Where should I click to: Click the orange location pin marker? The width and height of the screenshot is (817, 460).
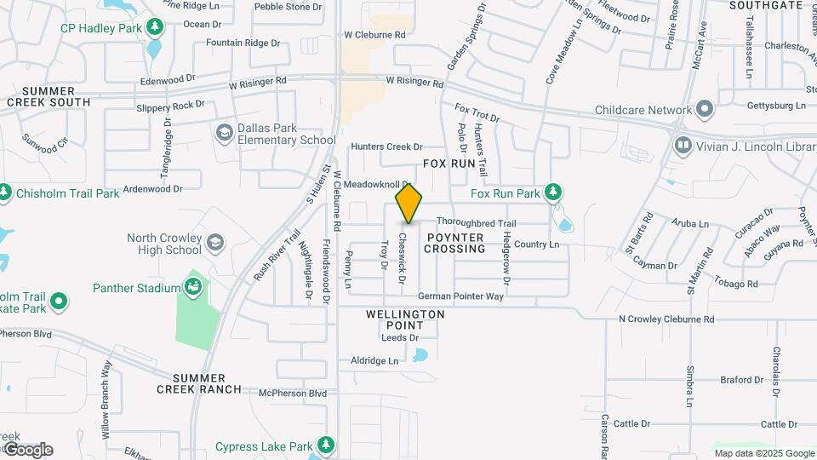pyautogui.click(x=408, y=203)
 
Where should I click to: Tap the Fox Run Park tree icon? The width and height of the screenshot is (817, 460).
pyautogui.click(x=554, y=193)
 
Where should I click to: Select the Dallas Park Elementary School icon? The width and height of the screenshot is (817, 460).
pyautogui.click(x=224, y=132)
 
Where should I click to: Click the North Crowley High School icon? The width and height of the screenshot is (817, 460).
pyautogui.click(x=215, y=244)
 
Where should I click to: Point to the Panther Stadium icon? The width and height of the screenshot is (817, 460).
pyautogui.click(x=195, y=288)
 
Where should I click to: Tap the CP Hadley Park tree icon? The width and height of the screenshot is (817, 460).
pyautogui.click(x=155, y=27)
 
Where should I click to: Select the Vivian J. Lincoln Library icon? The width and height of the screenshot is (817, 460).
pyautogui.click(x=683, y=146)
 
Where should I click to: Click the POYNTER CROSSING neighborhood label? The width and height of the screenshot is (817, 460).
pyautogui.click(x=455, y=243)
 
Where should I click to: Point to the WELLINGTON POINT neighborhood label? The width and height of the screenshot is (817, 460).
pyautogui.click(x=405, y=319)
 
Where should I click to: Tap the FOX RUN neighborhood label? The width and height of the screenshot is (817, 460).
pyautogui.click(x=448, y=162)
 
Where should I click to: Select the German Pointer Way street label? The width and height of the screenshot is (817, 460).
pyautogui.click(x=460, y=297)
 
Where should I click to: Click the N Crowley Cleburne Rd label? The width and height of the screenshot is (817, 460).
pyautogui.click(x=666, y=319)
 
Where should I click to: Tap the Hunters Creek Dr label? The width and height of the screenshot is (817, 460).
pyautogui.click(x=380, y=147)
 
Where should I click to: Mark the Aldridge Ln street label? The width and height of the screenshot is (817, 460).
pyautogui.click(x=374, y=360)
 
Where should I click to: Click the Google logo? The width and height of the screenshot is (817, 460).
pyautogui.click(x=28, y=449)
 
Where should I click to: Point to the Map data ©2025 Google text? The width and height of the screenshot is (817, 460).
pyautogui.click(x=763, y=453)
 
